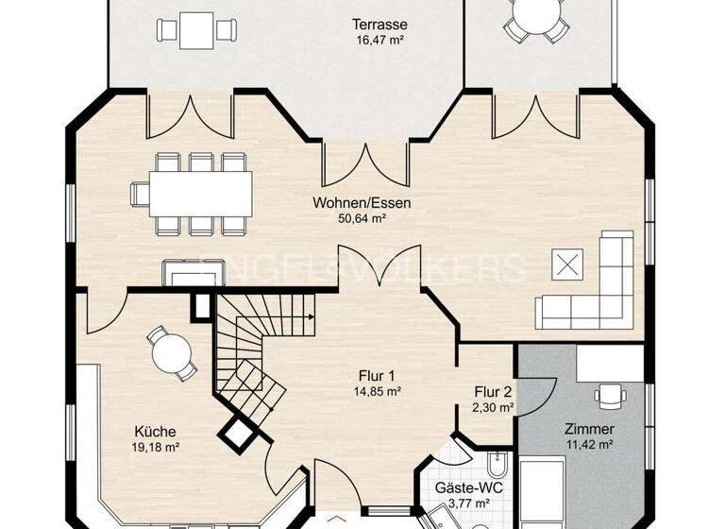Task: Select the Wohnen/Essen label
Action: [x=362, y=202]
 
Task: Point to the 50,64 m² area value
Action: [x=362, y=217]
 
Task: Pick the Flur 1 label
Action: [x=378, y=375]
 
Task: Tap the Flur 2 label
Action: [x=494, y=392]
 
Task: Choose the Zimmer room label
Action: [x=589, y=428]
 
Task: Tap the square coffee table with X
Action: [x=566, y=265]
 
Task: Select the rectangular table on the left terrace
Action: [x=196, y=29]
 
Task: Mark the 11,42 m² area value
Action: [x=589, y=444]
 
